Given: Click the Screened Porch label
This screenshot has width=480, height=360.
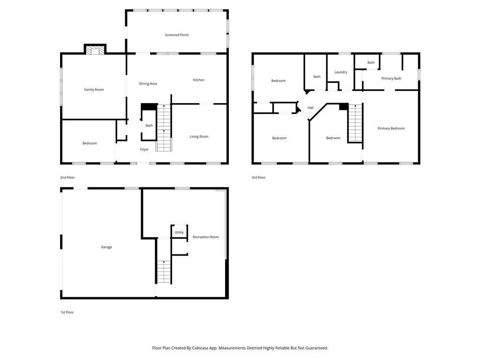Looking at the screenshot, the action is tap(177, 35).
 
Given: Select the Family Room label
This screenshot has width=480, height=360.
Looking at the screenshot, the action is tap(94, 90).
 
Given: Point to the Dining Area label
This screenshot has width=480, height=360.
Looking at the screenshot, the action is tap(148, 83).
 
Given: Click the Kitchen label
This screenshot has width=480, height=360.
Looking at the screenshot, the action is tap(199, 80).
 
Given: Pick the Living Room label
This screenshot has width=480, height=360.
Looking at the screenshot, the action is tap(199, 136).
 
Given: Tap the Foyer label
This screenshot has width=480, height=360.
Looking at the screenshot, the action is tap(144, 150).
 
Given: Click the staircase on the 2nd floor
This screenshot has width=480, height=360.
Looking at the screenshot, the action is tap(164, 127).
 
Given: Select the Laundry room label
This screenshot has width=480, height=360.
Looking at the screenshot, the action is tap(341, 72).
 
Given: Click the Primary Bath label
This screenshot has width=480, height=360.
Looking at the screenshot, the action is tap(391, 78).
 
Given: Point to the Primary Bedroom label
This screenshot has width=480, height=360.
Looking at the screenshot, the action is tap(391, 128).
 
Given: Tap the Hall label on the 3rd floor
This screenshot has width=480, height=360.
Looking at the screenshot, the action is tap(310, 108).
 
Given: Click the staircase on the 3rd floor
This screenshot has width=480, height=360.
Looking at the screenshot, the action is tap(355, 123).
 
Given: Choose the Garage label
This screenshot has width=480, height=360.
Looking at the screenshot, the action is tap(106, 247).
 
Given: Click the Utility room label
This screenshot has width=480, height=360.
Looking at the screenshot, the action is tap(179, 232).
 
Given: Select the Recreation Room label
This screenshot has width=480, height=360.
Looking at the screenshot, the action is tap(206, 237).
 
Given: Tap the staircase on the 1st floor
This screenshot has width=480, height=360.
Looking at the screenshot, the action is tap(164, 272).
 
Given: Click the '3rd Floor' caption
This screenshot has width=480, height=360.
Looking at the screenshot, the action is tap(259, 178).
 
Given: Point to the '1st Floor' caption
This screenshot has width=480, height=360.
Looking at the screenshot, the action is tap(67, 312).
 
